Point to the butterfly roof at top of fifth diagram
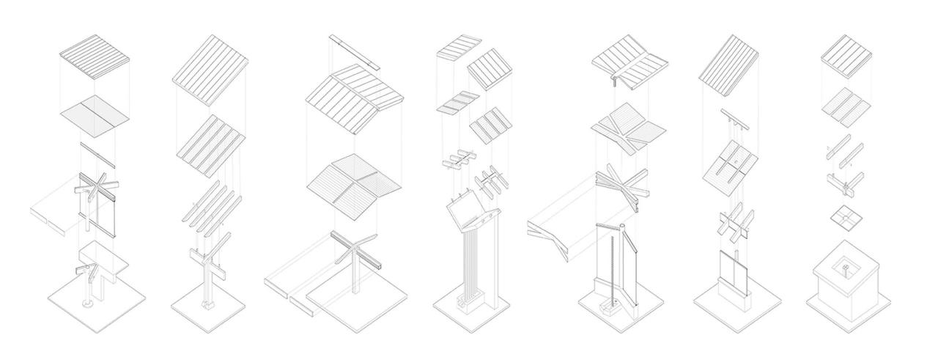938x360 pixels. pyautogui.click(x=628, y=62)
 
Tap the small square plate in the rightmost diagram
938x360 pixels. pyautogui.click(x=846, y=217)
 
